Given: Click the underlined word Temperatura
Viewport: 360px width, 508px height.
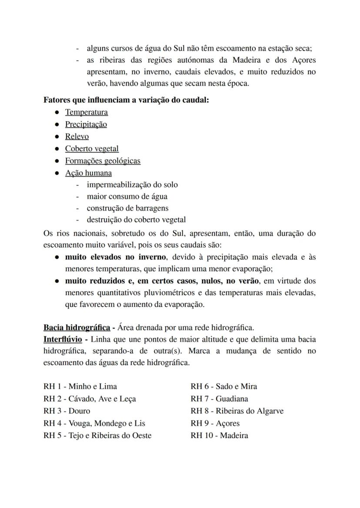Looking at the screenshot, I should click(x=87, y=112).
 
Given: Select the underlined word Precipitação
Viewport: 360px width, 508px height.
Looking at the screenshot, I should click(x=86, y=124).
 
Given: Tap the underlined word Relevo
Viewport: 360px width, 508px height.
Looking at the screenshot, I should click(x=77, y=136).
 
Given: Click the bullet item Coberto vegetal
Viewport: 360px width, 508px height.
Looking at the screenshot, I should click(x=92, y=149).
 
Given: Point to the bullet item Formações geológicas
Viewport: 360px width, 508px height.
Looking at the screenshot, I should click(x=103, y=161).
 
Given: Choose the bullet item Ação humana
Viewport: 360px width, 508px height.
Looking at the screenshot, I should click(x=88, y=173).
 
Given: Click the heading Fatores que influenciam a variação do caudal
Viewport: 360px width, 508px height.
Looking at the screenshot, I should click(x=127, y=100).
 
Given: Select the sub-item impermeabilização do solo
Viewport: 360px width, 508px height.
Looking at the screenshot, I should click(x=132, y=185).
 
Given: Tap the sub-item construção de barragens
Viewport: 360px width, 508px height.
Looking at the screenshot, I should click(x=127, y=208).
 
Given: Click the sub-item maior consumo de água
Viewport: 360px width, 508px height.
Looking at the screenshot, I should click(x=127, y=196).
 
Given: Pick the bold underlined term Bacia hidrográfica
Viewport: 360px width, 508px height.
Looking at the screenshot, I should click(x=77, y=327).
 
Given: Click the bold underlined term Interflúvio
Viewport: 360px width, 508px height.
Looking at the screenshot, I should click(x=63, y=339).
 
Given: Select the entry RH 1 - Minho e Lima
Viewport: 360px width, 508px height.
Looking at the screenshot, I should click(x=80, y=386).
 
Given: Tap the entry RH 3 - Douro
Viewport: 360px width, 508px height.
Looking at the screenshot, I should click(x=67, y=411).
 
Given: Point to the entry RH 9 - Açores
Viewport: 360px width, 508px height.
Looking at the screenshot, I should click(x=215, y=423).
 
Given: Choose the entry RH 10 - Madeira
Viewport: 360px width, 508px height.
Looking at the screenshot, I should click(x=219, y=435).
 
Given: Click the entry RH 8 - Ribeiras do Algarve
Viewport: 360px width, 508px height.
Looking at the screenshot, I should click(x=237, y=411).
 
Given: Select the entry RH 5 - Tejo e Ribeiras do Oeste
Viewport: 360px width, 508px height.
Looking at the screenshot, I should click(x=97, y=435).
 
